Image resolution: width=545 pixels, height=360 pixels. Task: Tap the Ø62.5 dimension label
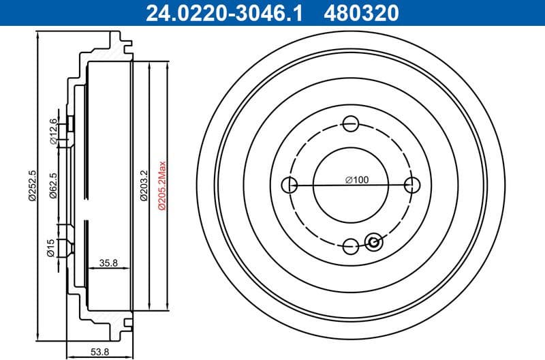(x=52, y=185)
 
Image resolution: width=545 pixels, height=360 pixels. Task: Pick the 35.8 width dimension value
(x=109, y=262)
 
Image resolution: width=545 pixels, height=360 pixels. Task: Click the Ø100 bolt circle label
(x=356, y=180)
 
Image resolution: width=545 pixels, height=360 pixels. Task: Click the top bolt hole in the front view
(x=351, y=123)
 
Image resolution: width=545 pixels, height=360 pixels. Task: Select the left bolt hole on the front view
(x=289, y=185)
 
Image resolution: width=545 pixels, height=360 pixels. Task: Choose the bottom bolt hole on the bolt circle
(x=351, y=246)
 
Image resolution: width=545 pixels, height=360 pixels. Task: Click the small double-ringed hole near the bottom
(x=373, y=241)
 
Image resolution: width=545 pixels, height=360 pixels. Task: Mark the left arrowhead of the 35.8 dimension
(x=91, y=269)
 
